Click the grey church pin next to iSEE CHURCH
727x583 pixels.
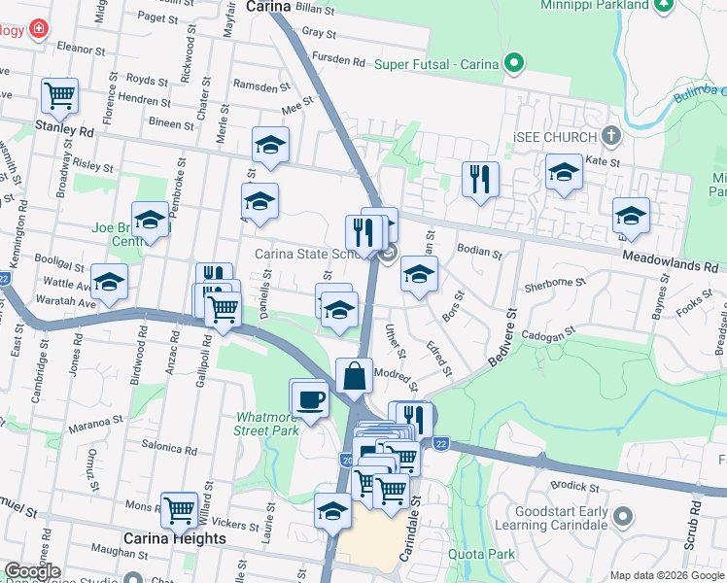pyautogui.click(x=610, y=135)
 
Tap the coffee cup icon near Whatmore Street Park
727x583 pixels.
pyautogui.click(x=309, y=398)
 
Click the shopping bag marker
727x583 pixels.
pyautogui.click(x=355, y=375)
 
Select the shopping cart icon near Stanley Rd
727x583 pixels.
pyautogui.click(x=59, y=96)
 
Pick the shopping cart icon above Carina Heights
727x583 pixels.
pyautogui.click(x=180, y=508)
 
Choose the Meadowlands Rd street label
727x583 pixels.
pyautogui.click(x=671, y=264)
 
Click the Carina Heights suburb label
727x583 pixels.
pyautogui.click(x=174, y=537)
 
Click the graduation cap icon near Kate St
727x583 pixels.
pyautogui.click(x=564, y=173)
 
